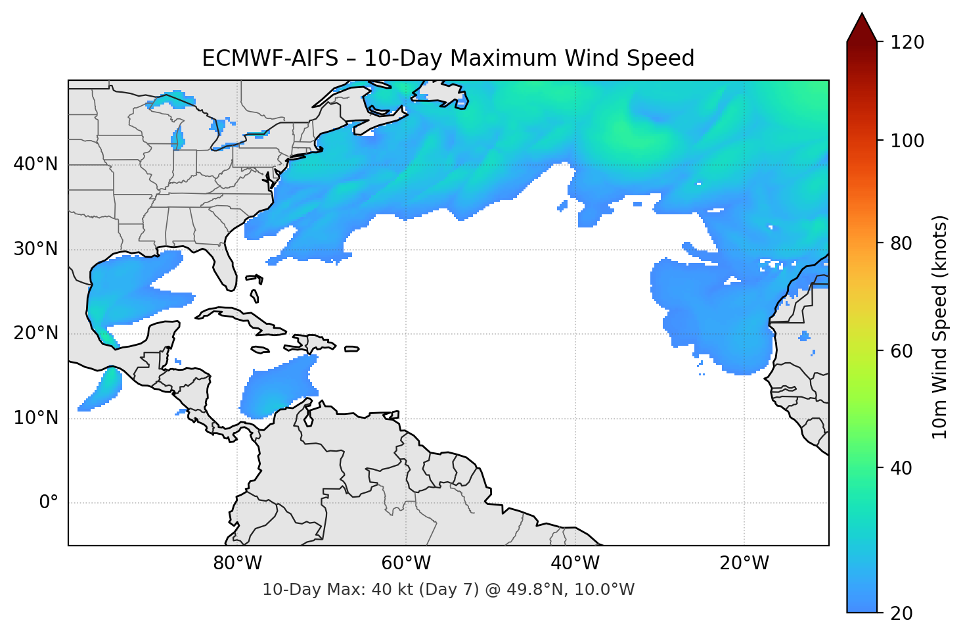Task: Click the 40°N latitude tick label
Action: [x=35, y=164]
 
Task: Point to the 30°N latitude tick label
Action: [x=35, y=249]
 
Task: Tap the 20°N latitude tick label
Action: [x=35, y=333]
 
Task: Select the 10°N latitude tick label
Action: [x=35, y=418]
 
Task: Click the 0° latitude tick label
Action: [x=49, y=503]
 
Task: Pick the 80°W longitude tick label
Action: [x=237, y=563]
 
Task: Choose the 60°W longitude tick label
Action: [x=406, y=563]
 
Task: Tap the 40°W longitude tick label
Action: [x=575, y=563]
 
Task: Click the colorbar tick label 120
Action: [x=907, y=42]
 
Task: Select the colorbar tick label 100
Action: [x=907, y=141]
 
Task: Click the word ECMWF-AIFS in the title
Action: [x=270, y=59]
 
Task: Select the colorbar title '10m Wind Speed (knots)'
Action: [x=940, y=327]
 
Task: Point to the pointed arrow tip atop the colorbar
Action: [x=862, y=16]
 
